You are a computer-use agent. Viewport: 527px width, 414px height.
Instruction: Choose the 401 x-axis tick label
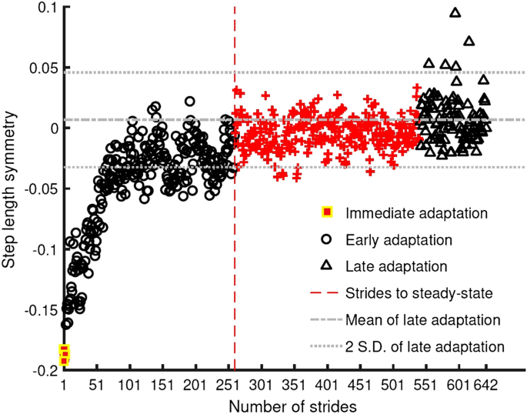pos(327,385)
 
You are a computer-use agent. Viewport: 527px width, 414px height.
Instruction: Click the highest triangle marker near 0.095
pos(455,13)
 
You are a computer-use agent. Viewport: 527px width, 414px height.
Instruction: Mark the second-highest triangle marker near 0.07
pos(469,42)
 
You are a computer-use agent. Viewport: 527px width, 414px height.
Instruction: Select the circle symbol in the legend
pos(326,239)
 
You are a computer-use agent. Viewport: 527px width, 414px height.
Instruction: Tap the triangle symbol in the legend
pos(326,265)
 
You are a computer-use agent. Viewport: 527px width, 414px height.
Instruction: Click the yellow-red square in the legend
pos(326,212)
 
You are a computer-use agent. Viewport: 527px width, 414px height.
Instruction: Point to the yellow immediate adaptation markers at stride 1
pos(65,355)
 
